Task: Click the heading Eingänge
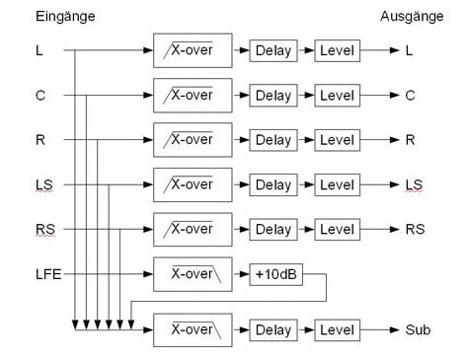pyautogui.click(x=65, y=17)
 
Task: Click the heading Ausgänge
pyautogui.click(x=412, y=17)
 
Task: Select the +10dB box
pyautogui.click(x=275, y=274)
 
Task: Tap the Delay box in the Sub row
pyautogui.click(x=273, y=330)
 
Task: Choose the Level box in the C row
pyautogui.click(x=338, y=96)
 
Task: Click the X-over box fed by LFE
pyautogui.click(x=193, y=274)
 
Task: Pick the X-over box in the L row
pyautogui.click(x=193, y=50)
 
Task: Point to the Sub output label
pyautogui.click(x=418, y=329)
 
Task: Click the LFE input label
pyautogui.click(x=48, y=274)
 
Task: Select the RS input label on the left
pyautogui.click(x=45, y=229)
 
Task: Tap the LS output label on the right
pyautogui.click(x=414, y=184)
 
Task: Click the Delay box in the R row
pyautogui.click(x=273, y=140)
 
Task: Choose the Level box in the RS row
pyautogui.click(x=338, y=230)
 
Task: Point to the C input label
pyautogui.click(x=40, y=96)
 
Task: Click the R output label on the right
pyautogui.click(x=410, y=140)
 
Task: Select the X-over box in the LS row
pyautogui.click(x=193, y=184)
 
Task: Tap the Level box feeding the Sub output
pyautogui.click(x=338, y=330)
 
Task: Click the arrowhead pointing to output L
pyautogui.click(x=395, y=50)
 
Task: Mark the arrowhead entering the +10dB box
pyautogui.click(x=244, y=274)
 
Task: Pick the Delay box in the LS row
pyautogui.click(x=273, y=184)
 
